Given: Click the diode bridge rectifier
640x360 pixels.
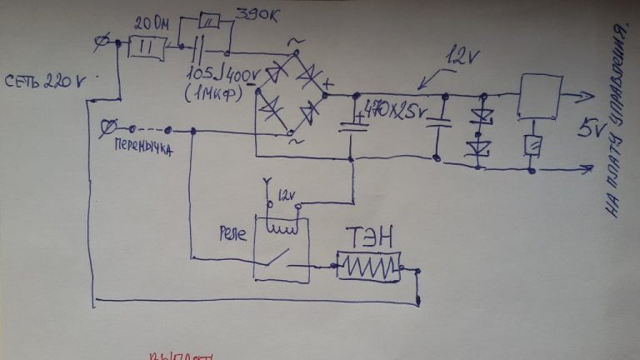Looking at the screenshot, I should pyautogui.click(x=290, y=92).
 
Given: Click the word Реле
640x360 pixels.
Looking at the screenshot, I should pyautogui.click(x=232, y=232).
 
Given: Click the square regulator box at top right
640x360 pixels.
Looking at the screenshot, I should pyautogui.click(x=539, y=95).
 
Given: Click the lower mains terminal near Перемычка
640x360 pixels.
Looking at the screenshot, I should pyautogui.click(x=107, y=127).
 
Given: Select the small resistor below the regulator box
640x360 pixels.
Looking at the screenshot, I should pyautogui.click(x=530, y=144).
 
